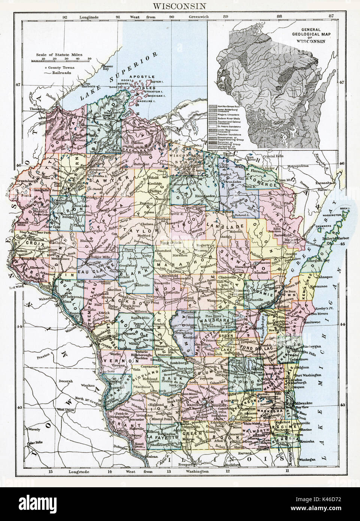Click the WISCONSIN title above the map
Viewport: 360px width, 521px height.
click(180, 6)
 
